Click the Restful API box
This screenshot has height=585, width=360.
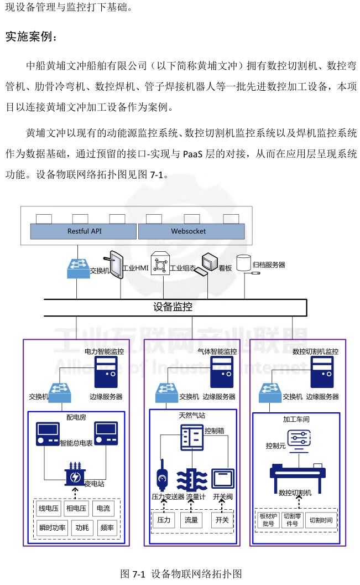coord(84,231)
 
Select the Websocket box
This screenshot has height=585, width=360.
coord(188,231)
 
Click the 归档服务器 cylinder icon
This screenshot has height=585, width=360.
coord(244,263)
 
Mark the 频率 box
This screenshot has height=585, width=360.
coord(107,527)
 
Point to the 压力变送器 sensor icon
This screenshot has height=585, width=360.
coord(163,474)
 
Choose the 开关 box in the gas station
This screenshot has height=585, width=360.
coord(222,520)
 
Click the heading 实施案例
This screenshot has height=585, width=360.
coord(32,37)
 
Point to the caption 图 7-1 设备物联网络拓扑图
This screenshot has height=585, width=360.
coord(181,573)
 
